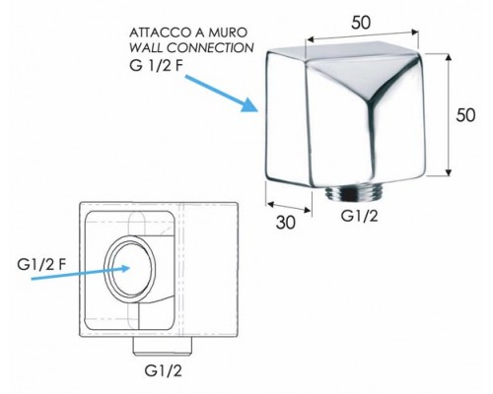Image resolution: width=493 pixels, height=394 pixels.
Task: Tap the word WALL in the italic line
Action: click(x=146, y=48)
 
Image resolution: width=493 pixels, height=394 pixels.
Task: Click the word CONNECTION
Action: click(x=210, y=48)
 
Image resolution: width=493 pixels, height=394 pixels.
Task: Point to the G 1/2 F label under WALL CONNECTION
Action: click(x=156, y=66)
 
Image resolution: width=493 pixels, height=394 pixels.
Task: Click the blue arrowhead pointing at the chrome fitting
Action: click(x=250, y=104)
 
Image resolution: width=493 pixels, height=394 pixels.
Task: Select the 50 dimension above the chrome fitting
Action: click(x=361, y=23)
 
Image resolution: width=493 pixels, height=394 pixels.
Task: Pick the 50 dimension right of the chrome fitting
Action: click(x=465, y=115)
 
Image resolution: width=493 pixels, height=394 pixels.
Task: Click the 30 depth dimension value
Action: click(x=286, y=223)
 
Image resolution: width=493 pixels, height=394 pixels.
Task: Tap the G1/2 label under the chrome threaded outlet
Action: click(x=360, y=216)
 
